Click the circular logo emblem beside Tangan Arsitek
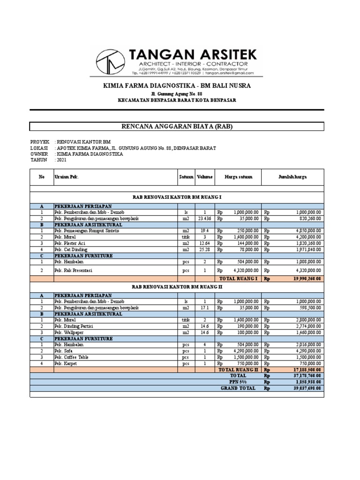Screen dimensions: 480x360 tap(111, 61)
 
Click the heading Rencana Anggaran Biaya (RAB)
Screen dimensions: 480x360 tap(177, 127)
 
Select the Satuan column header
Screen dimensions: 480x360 tap(186, 177)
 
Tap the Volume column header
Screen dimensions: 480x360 tap(204, 177)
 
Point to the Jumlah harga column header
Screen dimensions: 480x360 tap(293, 177)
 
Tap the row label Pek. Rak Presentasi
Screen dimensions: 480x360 tap(73, 270)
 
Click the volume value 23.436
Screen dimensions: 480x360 tap(205, 218)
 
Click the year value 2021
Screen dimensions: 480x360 tap(61, 160)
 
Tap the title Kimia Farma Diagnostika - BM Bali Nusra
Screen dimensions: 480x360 tap(177, 86)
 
